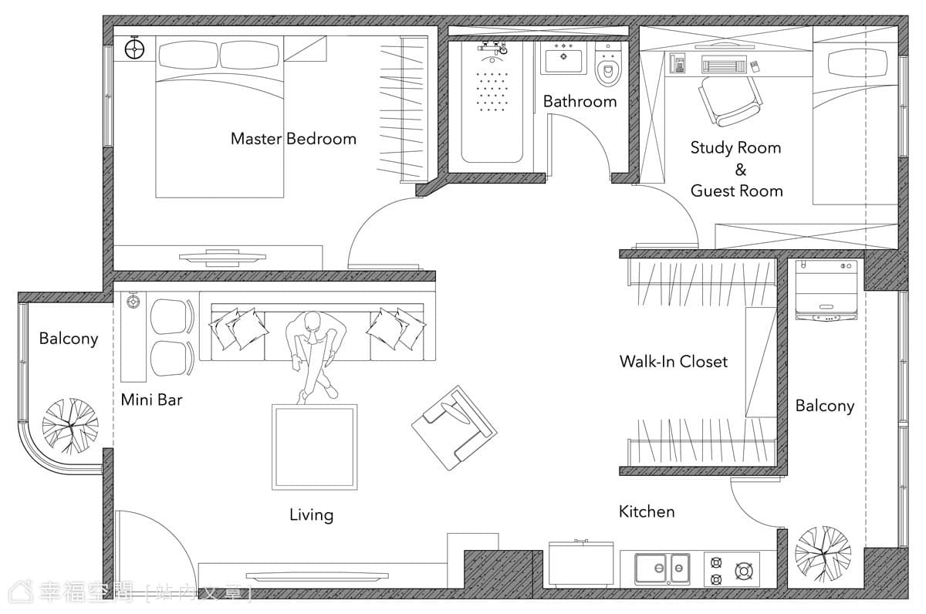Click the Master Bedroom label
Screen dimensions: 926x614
293,139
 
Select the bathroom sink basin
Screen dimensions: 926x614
563,61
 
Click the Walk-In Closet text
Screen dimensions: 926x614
674,362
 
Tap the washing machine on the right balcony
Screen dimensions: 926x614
826,291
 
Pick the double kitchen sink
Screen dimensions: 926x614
662,569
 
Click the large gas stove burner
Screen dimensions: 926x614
744,572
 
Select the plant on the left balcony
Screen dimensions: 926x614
70,426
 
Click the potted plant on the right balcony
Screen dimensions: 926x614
823,554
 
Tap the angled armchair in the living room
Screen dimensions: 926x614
455,427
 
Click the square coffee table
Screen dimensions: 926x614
315,447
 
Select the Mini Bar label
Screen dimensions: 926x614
152,400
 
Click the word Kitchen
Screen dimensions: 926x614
647,512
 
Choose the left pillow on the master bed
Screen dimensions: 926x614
188,54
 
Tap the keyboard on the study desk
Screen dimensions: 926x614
724,66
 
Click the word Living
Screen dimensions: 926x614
311,514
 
